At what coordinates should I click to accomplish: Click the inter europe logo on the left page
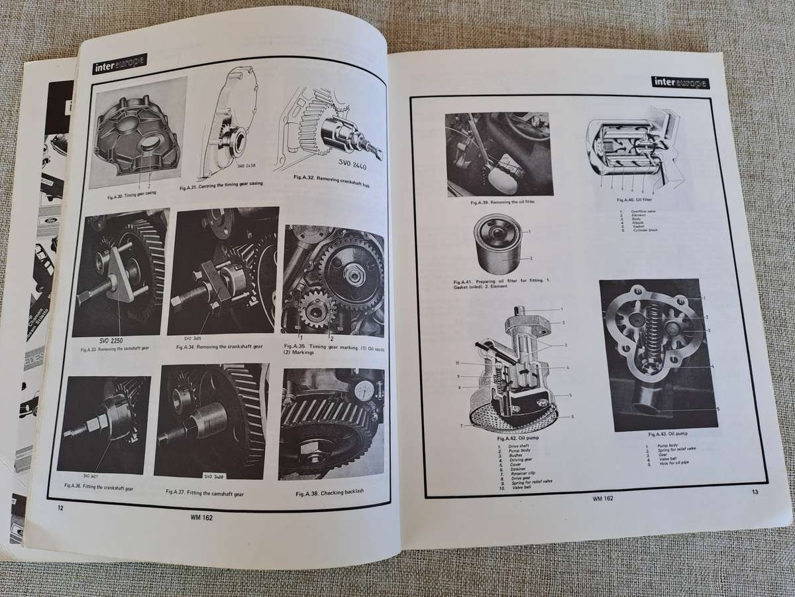(119, 61)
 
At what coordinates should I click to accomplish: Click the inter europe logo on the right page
(680, 82)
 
